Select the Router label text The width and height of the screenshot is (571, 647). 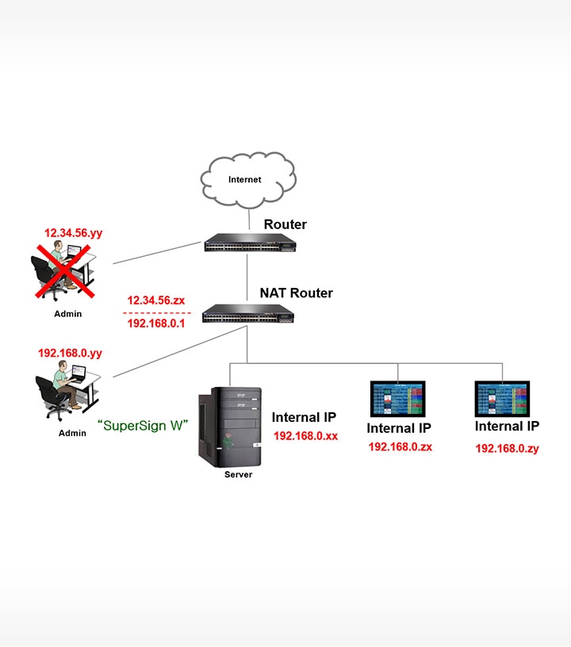click(285, 224)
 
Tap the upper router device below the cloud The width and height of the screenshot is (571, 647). click(247, 243)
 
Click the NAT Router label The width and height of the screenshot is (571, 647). click(296, 293)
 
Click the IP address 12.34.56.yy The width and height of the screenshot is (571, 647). click(74, 233)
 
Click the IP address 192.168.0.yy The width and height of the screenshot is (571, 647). click(71, 353)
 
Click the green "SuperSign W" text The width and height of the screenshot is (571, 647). click(143, 425)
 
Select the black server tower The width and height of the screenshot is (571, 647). click(229, 427)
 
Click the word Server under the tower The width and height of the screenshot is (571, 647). click(239, 475)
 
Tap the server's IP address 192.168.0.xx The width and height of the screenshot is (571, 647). click(306, 435)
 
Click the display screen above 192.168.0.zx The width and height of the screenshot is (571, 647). click(397, 398)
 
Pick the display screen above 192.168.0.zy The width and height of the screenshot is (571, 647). click(502, 398)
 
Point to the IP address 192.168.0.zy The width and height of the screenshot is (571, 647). click(507, 448)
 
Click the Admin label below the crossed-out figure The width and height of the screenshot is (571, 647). click(67, 314)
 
